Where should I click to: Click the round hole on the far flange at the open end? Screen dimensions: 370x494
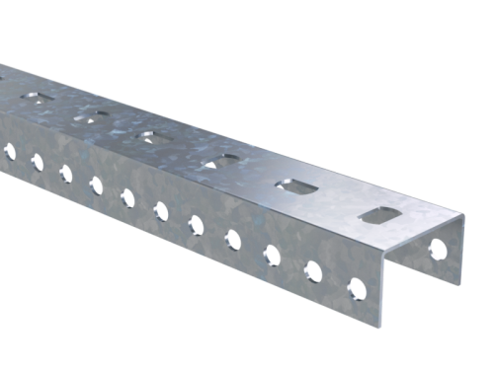(x=437, y=250)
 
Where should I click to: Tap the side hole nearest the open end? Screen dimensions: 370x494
(x=357, y=289)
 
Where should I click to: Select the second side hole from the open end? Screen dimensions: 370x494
(x=314, y=271)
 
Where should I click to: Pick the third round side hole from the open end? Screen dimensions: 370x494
(x=271, y=255)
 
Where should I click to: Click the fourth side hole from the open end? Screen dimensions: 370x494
(x=232, y=239)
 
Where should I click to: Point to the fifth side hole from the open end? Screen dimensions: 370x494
(x=196, y=225)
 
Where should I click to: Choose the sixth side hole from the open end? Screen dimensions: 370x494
(x=160, y=210)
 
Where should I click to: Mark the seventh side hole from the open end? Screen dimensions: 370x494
(x=127, y=197)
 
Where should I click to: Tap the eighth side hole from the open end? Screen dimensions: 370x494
(x=95, y=185)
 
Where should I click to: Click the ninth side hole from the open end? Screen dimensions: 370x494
(x=65, y=173)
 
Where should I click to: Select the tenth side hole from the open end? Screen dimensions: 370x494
(x=37, y=162)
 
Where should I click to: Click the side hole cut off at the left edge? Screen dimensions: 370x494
(x=9, y=151)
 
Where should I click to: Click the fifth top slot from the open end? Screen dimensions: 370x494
(x=92, y=114)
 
